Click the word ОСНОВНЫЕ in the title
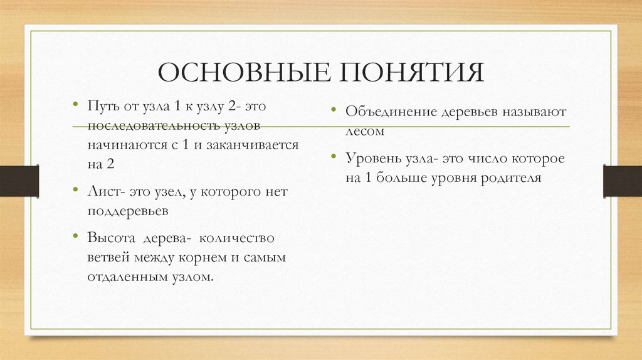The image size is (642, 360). click(246, 73)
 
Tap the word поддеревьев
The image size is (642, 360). click(128, 211)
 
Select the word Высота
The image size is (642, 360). click(111, 239)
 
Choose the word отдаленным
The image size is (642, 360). click(124, 277)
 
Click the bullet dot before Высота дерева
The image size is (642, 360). click(75, 238)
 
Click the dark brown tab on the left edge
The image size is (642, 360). click(19, 180)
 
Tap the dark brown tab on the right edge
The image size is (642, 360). click(623, 180)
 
